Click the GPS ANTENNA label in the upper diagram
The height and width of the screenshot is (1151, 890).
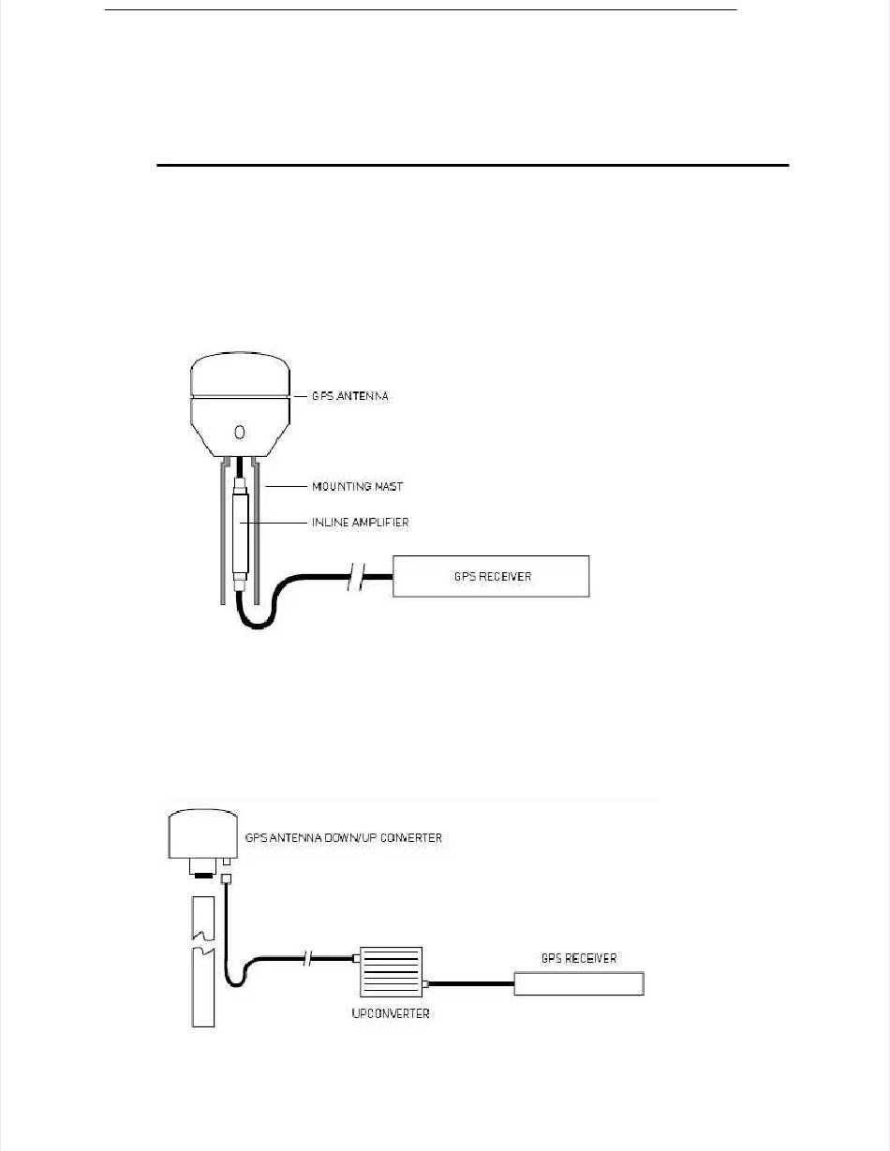(x=349, y=396)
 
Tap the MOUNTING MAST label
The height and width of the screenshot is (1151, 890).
(x=356, y=487)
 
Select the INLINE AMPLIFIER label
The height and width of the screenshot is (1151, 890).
(x=360, y=523)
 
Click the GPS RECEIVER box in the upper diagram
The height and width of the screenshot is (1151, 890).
(x=491, y=576)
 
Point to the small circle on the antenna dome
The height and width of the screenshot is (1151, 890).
(x=239, y=432)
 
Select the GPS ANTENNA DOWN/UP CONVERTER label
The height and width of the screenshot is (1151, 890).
(x=343, y=837)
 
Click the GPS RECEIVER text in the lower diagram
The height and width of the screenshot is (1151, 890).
(x=579, y=958)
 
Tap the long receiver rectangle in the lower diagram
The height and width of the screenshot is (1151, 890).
(x=579, y=982)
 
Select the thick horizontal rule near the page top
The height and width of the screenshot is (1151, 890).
(x=473, y=166)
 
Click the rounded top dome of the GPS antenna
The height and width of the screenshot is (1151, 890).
(x=239, y=374)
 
